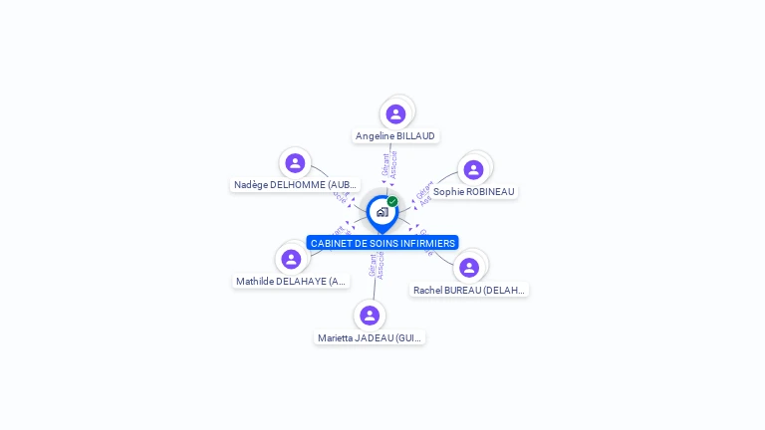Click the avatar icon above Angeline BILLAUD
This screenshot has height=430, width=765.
[x=395, y=113]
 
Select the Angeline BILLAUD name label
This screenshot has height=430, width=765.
[x=395, y=136]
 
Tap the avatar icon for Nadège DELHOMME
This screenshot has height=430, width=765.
[x=295, y=163]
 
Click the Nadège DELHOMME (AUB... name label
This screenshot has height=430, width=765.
[x=295, y=185]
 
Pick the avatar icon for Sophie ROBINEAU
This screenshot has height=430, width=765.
[x=473, y=169]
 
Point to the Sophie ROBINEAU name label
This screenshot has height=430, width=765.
[x=474, y=191]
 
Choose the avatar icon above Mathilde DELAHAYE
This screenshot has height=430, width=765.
[x=291, y=259]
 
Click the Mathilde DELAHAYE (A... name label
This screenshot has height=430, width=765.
[x=291, y=282]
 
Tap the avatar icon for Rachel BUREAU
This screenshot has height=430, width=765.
[x=469, y=267]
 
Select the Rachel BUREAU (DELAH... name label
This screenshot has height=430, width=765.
[x=469, y=291]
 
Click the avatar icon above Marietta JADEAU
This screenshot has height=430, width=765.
[x=370, y=316]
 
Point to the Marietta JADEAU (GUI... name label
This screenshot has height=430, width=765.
[x=370, y=338]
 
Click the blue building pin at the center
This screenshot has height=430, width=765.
[x=382, y=212]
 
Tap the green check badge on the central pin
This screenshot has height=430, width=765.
[x=392, y=201]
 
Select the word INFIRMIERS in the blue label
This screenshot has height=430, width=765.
[x=429, y=243]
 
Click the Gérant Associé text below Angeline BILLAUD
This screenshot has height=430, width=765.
[x=389, y=164]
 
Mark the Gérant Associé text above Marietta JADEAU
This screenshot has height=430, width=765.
[x=376, y=266]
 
